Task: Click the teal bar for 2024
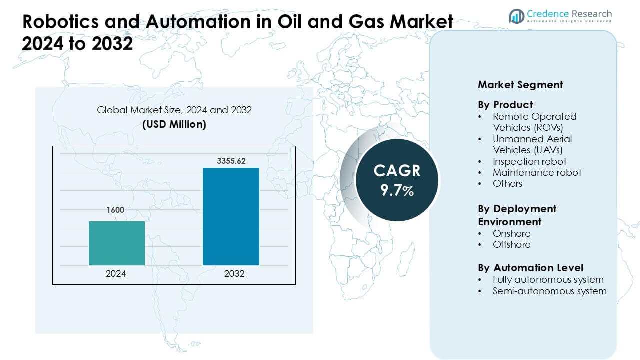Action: pyautogui.click(x=116, y=243)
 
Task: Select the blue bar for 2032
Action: pyautogui.click(x=231, y=216)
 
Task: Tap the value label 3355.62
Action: pyautogui.click(x=231, y=161)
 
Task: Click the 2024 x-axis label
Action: pyautogui.click(x=116, y=274)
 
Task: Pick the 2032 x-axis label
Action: pyautogui.click(x=231, y=274)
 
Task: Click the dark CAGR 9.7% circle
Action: pyautogui.click(x=397, y=180)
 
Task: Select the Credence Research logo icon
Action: pyautogui.click(x=516, y=16)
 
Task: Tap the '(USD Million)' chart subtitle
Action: pyautogui.click(x=174, y=124)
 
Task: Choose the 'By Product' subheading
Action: pyautogui.click(x=505, y=105)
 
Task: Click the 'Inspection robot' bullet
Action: pyautogui.click(x=529, y=161)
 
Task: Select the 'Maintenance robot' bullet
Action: pyautogui.click(x=537, y=172)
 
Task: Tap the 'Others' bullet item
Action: pyautogui.click(x=507, y=183)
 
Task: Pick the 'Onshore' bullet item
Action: pyautogui.click(x=511, y=233)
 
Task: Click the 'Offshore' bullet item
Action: pyautogui.click(x=511, y=244)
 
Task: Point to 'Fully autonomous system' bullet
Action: pyautogui.click(x=548, y=279)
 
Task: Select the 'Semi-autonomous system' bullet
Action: pyautogui.click(x=549, y=291)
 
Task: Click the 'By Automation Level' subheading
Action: pyautogui.click(x=530, y=268)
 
